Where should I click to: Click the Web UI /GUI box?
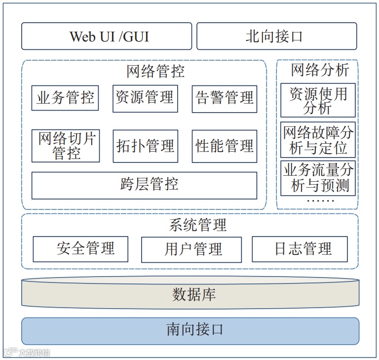pos(107,36)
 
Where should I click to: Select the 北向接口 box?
pos(276,36)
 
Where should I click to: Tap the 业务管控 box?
pos(65,98)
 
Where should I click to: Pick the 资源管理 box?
pos(145,98)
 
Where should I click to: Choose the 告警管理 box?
pos(225,98)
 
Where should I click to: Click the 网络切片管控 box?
pos(65,146)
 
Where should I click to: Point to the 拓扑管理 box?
pos(145,146)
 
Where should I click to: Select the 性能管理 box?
pos(225,146)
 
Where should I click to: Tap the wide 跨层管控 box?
pos(144,185)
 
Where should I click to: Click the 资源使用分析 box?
pos(318,101)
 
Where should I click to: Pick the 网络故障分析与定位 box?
pos(318,140)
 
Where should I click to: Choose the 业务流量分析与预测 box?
pos(318,178)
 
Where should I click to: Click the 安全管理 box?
pos(80,249)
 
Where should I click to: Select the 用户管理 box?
pos(191,249)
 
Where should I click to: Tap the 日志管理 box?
pos(300,249)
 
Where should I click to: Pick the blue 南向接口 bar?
pos(190,330)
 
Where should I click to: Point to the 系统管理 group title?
pos(197,226)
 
